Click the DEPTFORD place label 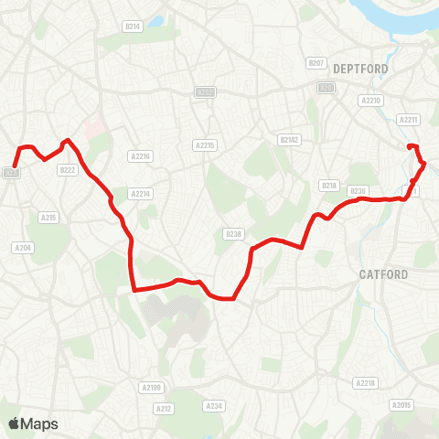coord(360,69)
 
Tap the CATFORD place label coord(383,273)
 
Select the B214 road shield coord(134,27)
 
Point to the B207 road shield coord(316,63)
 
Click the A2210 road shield coord(370,101)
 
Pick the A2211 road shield coord(408,119)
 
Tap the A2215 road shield coord(204,145)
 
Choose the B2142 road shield coord(289,140)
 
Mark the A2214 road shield coord(139,194)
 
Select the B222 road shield coord(67,169)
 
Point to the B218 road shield coord(329,186)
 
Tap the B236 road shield coord(358,190)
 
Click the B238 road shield coord(233,234)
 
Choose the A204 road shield coord(23,248)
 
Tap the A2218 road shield coord(365,382)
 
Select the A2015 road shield coord(402,404)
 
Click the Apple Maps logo coord(33,423)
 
